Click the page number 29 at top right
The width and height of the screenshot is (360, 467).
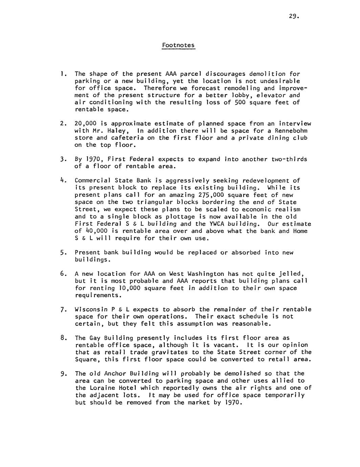294,16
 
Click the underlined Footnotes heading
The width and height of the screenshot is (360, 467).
178,45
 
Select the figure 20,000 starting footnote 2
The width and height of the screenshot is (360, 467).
85,124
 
